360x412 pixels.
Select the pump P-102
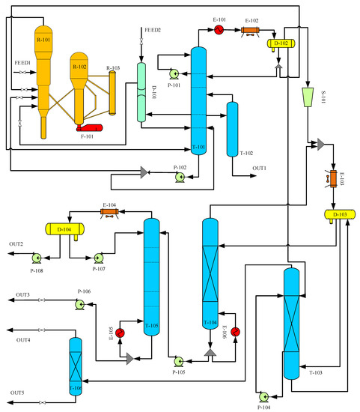(180, 177)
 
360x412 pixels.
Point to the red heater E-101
(219, 30)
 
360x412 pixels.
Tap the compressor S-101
(307, 96)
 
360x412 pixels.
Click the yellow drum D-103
(339, 215)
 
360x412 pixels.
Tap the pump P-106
(79, 304)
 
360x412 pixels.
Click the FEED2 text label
(153, 29)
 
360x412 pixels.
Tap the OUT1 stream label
(259, 168)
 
